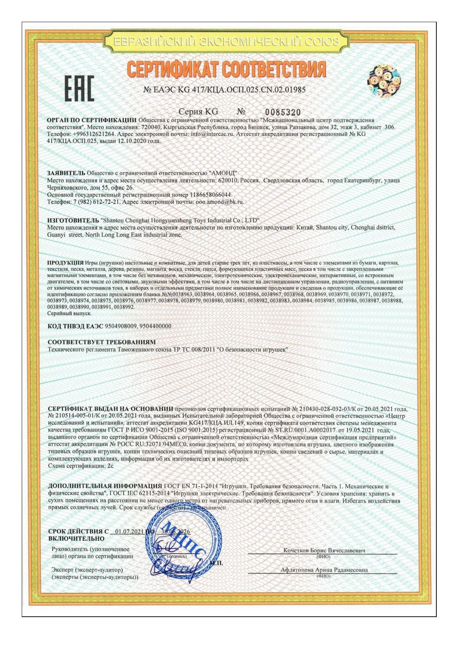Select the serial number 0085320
tap(283, 112)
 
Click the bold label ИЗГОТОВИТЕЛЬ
tap(71, 220)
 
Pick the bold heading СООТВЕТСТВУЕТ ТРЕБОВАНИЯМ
tap(102, 342)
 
